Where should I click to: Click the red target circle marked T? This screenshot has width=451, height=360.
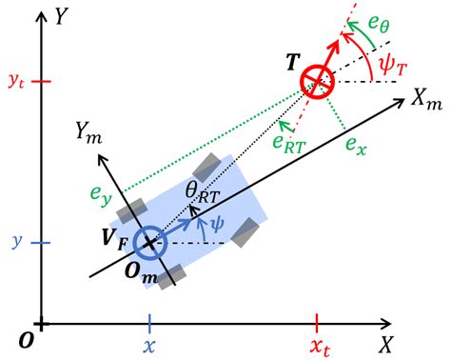point(317,81)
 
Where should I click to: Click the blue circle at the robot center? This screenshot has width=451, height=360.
point(149,243)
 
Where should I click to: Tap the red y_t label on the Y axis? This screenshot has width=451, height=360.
point(15,83)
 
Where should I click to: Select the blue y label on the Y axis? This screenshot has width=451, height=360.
point(16,243)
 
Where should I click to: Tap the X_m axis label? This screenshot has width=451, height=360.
point(425,99)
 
